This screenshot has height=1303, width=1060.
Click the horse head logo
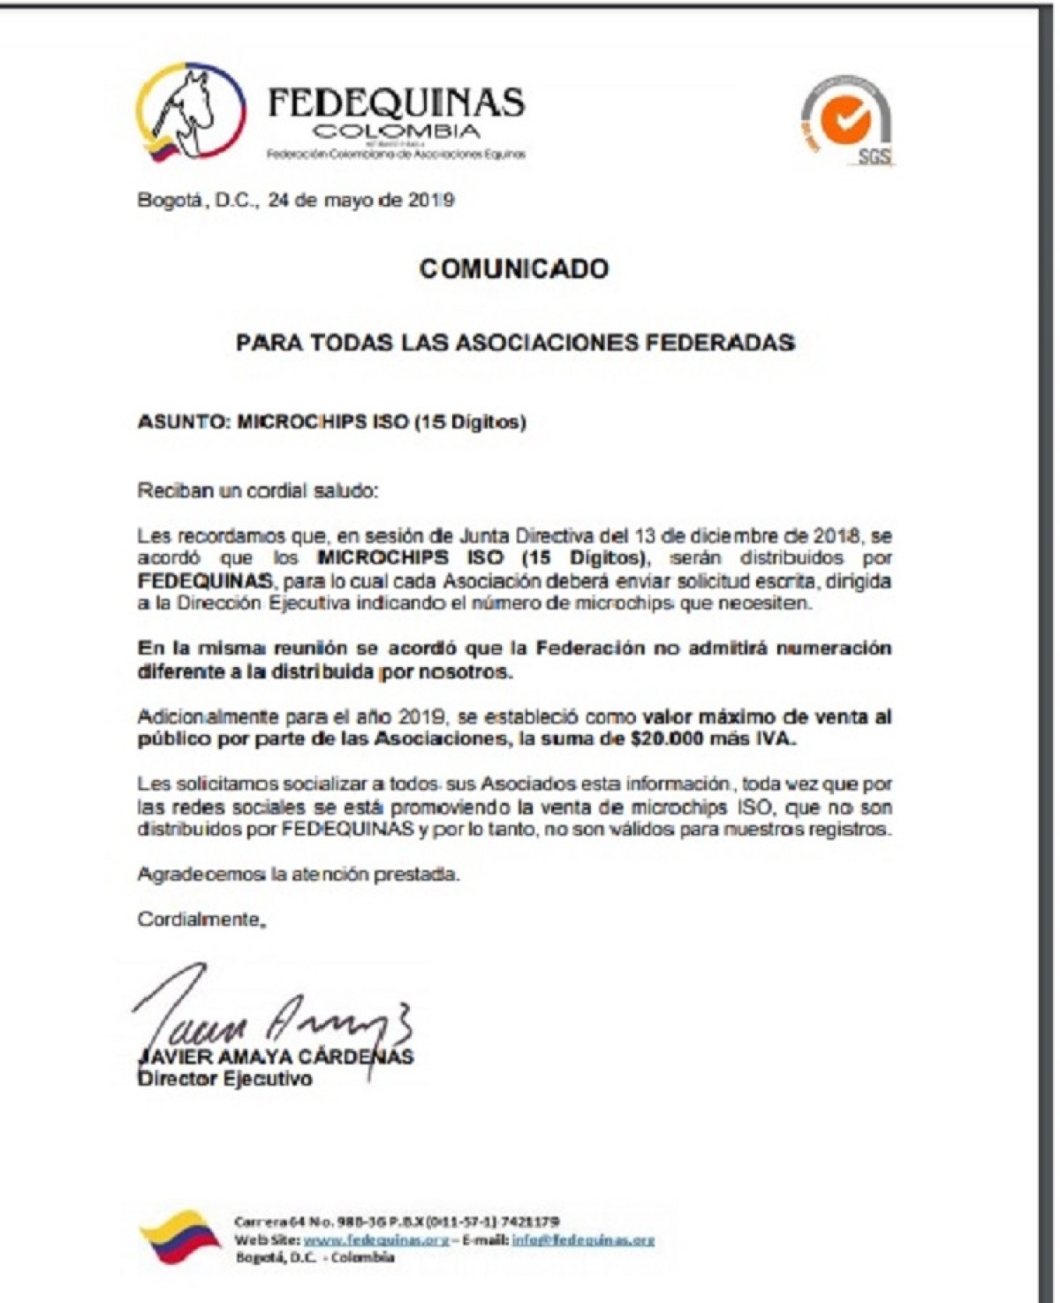click(190, 113)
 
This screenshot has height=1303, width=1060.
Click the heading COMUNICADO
click(513, 269)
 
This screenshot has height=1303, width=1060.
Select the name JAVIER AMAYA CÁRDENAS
click(276, 1057)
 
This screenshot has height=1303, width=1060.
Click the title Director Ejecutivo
click(224, 1079)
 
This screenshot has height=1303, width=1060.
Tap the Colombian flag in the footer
click(181, 1236)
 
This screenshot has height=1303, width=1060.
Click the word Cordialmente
click(200, 920)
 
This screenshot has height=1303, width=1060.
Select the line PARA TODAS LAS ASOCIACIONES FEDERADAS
click(515, 343)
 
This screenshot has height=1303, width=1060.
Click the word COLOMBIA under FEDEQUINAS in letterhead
click(397, 133)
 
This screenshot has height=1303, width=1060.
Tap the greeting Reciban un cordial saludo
click(257, 490)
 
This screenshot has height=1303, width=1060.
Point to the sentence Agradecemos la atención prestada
click(299, 875)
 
